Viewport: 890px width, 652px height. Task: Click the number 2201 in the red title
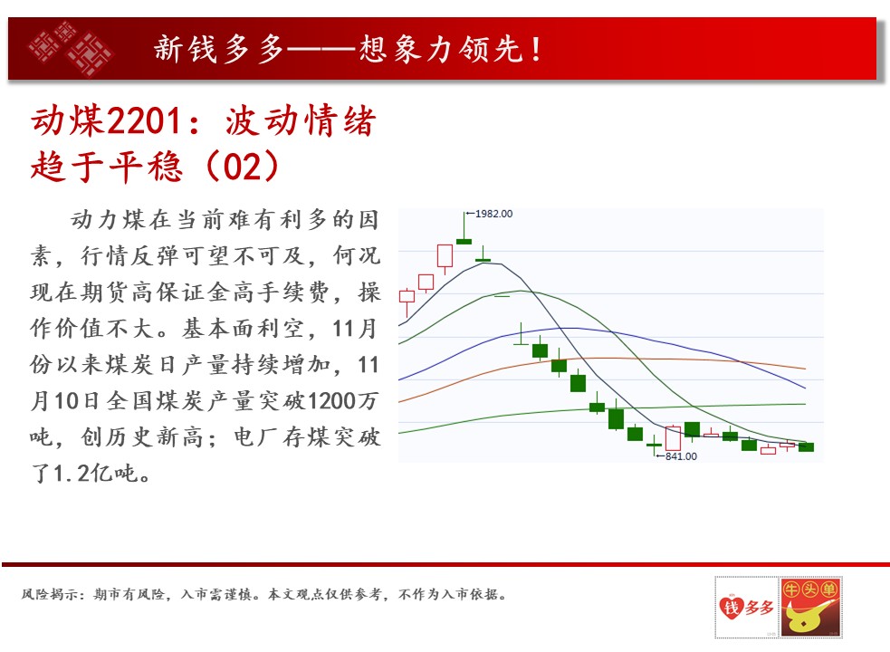[x=145, y=120]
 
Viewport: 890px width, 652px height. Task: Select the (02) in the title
[x=243, y=167]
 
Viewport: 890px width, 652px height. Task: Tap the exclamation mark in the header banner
[x=536, y=49]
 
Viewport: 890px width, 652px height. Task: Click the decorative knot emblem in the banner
[x=71, y=48]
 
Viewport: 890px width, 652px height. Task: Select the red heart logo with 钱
[x=731, y=607]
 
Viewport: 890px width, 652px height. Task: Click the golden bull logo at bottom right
[x=811, y=607]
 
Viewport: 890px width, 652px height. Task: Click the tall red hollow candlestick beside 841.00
[x=673, y=438]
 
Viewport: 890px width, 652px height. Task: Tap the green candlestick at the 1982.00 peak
[x=464, y=242]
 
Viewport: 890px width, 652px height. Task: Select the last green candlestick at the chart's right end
[x=806, y=447]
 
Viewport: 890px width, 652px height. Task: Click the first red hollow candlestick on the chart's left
[x=407, y=296]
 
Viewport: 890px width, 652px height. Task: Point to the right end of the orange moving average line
[x=805, y=369]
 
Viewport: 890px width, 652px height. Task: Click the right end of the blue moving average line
[x=805, y=388]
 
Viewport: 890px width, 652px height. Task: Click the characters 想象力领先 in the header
[x=440, y=48]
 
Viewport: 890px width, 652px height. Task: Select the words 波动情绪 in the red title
[x=301, y=120]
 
